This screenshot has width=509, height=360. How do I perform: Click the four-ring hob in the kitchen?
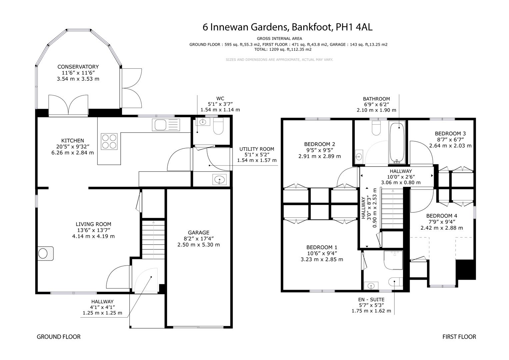coord(109,141)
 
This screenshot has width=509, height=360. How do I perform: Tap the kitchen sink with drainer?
coord(166,125)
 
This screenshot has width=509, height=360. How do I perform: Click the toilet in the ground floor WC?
coord(218,127)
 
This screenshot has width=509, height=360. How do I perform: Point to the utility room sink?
coord(219,180)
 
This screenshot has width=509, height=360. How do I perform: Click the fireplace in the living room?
coord(45,253)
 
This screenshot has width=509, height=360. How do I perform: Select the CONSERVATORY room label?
coord(78,67)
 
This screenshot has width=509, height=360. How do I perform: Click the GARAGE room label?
coord(198,233)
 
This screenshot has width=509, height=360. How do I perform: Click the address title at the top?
coord(287,27)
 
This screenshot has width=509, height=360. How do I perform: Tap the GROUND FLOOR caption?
coord(59,337)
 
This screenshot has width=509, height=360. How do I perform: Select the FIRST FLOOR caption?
coord(459,337)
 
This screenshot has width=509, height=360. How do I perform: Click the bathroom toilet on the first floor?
coord(376,129)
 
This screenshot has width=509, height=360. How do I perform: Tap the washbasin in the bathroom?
coord(359,156)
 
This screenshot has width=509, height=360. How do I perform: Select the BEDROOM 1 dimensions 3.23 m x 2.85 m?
coord(322,259)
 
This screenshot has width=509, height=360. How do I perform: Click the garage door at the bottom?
coord(198,327)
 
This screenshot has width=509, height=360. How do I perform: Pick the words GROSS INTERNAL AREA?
coord(279,39)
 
